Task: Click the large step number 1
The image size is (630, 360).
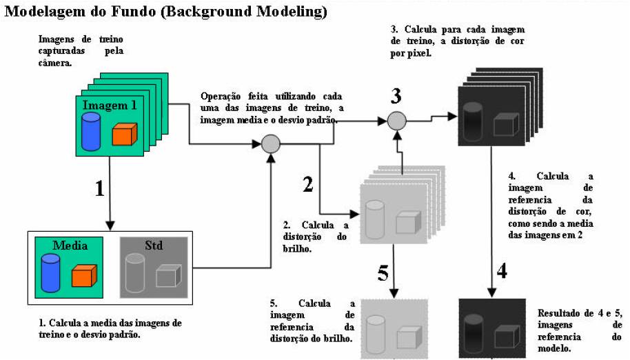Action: [99, 188]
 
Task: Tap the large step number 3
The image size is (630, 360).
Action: [396, 95]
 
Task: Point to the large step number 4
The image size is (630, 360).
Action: [502, 270]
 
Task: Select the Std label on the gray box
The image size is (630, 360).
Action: [153, 246]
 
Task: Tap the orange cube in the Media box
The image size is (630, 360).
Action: [83, 276]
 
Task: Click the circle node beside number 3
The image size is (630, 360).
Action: [396, 121]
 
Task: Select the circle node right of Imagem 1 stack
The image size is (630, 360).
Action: [270, 143]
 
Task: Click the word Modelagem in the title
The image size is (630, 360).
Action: [41, 12]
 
